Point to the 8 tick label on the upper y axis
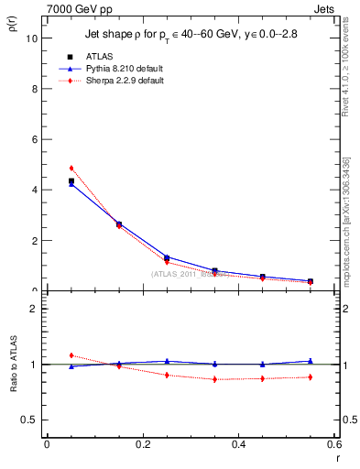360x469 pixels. pos(33,89)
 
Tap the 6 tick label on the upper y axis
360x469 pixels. pos(33,139)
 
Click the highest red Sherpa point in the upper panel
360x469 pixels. pos(71,169)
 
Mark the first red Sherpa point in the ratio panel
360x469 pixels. pos(71,355)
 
